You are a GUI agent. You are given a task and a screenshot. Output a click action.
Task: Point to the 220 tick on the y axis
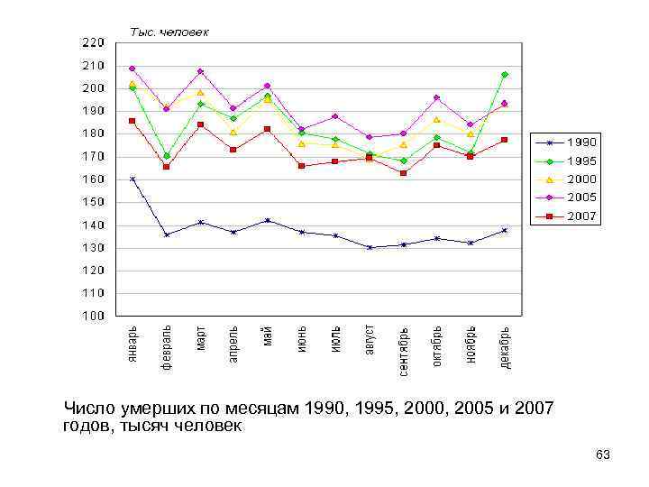coord(92,42)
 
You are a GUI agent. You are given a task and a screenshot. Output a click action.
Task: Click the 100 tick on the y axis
coord(92,316)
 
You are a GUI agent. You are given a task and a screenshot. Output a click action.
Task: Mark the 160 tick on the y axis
coord(92,179)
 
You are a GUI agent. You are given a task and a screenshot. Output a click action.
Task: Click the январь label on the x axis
coord(133,345)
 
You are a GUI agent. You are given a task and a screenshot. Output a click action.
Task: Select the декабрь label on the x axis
coord(505,345)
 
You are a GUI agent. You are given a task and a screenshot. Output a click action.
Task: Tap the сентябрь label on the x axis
coord(403,350)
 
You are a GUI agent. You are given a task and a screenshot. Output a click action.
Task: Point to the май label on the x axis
coord(268,336)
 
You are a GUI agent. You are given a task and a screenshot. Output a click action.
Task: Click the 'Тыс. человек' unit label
coord(170,32)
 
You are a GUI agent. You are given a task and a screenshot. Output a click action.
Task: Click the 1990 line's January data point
coord(133,179)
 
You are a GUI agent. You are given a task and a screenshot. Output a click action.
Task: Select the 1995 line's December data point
coord(505,75)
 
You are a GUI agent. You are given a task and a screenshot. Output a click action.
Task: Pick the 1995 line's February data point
coord(167,156)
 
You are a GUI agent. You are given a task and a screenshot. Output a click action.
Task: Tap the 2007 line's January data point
coord(133,121)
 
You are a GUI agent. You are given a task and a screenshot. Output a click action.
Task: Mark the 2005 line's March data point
coord(200,71)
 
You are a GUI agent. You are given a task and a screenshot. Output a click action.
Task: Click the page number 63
coord(603,455)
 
